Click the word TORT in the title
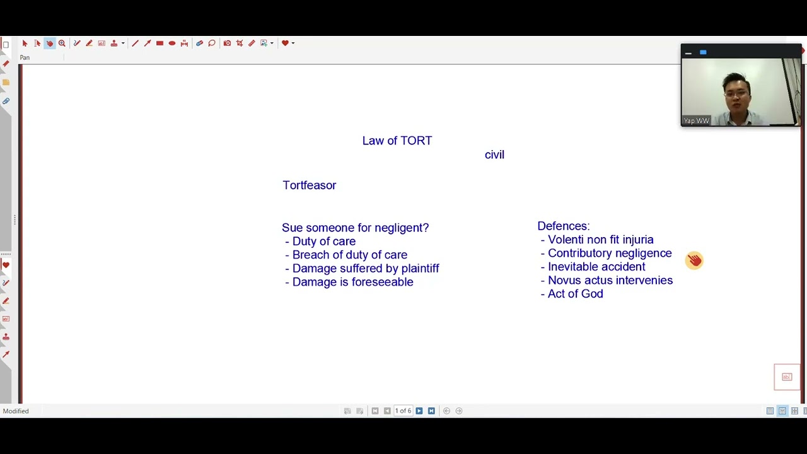[415, 141]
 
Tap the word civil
[494, 154]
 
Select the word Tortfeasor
[309, 185]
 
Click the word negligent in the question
[401, 228]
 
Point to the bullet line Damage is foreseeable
[352, 282]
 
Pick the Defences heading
[563, 226]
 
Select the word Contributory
[577, 253]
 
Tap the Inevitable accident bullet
[596, 267]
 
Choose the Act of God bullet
[575, 294]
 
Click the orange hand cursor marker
[694, 260]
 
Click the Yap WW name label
[696, 120]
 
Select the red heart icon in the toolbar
[285, 43]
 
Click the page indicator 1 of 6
[403, 411]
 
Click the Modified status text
[16, 411]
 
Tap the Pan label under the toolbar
[25, 57]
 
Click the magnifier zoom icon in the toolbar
[62, 43]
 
